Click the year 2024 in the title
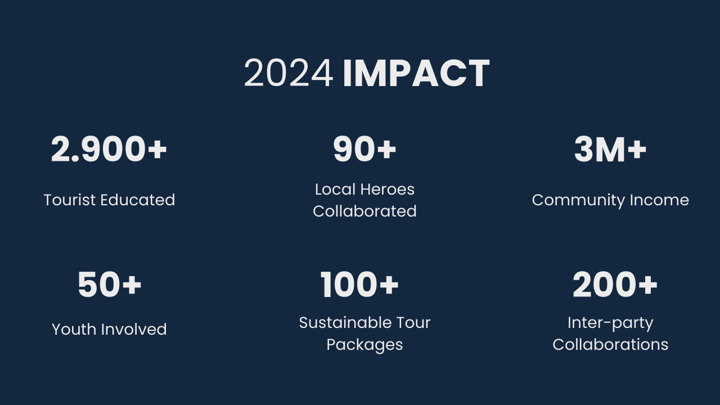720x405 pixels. click(289, 73)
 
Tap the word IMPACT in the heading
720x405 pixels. click(416, 73)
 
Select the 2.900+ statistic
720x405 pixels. click(109, 149)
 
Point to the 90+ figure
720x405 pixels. click(364, 149)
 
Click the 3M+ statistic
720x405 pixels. click(610, 149)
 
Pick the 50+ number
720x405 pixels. click(109, 285)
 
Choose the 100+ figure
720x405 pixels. click(359, 285)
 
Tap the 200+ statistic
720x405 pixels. click(615, 285)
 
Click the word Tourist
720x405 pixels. click(70, 200)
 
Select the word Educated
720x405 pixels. click(138, 200)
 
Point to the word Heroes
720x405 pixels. click(388, 190)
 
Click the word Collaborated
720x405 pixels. click(364, 211)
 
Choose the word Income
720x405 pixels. click(659, 200)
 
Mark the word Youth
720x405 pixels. click(74, 330)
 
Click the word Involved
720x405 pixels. click(134, 330)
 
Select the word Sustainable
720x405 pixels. click(345, 323)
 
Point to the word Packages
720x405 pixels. click(364, 345)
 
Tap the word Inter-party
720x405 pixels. click(610, 323)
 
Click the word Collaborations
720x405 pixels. click(610, 345)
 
